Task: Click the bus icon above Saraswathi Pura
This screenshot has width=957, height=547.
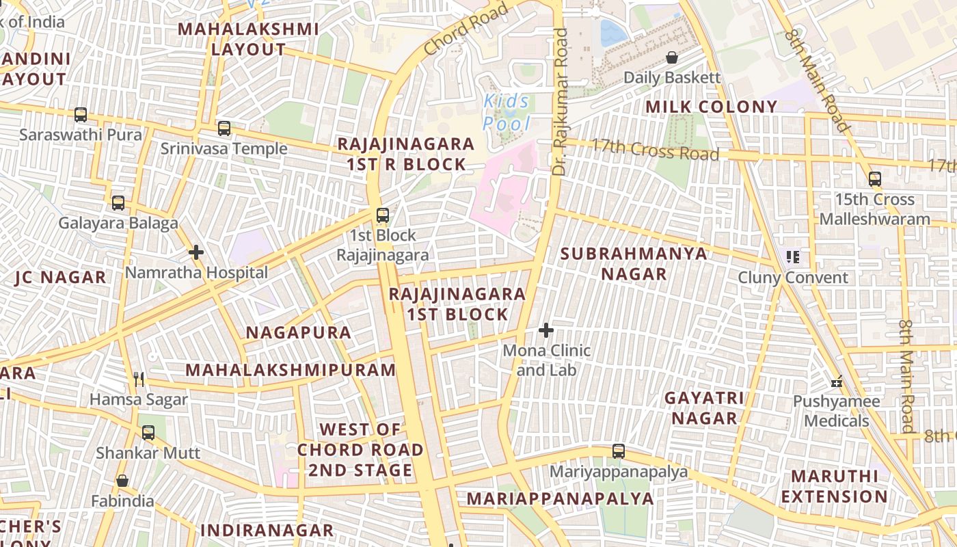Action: (81, 115)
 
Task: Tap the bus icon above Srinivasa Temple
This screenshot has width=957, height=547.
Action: (224, 129)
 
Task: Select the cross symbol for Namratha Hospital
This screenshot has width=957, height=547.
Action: (196, 253)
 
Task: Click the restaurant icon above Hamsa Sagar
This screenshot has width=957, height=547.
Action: (139, 379)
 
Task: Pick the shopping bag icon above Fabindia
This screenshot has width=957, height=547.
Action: (122, 481)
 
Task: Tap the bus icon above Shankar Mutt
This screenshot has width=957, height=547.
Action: (148, 433)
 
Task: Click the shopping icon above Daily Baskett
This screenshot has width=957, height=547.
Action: (672, 57)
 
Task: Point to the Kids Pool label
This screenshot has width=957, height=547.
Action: (507, 113)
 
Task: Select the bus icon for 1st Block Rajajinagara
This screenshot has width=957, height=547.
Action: (383, 215)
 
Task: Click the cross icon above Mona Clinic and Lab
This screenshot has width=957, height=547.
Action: (545, 331)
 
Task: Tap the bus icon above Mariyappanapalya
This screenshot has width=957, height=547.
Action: (619, 451)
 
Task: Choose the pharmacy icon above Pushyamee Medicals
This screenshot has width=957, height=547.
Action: (836, 382)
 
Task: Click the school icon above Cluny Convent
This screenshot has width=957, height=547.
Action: (793, 258)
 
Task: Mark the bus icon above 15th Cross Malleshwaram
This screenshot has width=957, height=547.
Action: (874, 180)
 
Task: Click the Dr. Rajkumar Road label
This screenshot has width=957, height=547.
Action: (560, 103)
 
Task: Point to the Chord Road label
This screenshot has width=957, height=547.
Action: (466, 29)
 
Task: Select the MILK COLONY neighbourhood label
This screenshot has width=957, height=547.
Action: (712, 107)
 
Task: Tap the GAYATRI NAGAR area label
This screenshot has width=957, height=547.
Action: (704, 408)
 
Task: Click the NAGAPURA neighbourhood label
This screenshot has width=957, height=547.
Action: (298, 333)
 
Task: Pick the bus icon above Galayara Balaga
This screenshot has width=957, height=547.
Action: (118, 203)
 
